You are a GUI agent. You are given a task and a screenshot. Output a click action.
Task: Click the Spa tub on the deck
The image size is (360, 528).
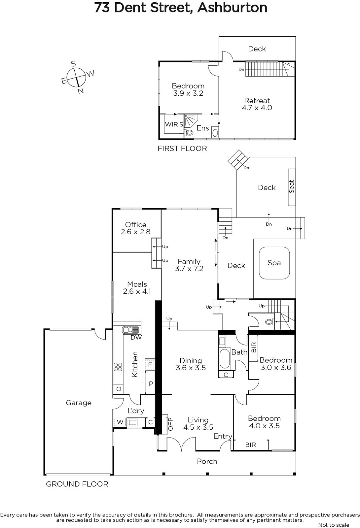point(274,263)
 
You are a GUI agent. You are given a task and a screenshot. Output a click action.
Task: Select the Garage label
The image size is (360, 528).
point(79,403)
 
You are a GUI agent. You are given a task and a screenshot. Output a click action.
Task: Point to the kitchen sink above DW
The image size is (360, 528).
point(130,330)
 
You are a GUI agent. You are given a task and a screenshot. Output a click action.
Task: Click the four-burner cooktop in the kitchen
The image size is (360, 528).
point(118,367)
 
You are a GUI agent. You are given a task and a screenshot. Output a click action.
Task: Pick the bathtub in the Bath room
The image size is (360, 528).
point(225,358)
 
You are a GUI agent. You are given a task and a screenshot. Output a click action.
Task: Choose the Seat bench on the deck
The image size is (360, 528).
point(292,187)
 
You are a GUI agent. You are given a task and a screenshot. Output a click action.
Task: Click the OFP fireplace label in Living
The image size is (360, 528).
point(170,424)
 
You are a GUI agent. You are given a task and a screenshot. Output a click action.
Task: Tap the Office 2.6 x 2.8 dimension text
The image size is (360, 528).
point(135,232)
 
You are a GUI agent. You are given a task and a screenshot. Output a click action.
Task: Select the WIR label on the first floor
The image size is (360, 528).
point(171,124)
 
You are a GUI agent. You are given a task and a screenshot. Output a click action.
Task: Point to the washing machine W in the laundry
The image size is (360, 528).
point(120,422)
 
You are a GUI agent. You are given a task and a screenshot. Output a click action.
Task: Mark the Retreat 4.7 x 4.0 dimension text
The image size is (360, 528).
point(257,108)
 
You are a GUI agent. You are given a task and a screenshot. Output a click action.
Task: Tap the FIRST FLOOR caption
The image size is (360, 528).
point(182,148)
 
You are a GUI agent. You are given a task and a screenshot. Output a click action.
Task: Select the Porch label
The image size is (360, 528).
point(207,461)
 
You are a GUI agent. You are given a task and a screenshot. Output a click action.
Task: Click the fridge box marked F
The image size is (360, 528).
point(150,365)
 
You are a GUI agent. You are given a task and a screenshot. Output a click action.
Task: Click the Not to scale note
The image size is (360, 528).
point(334,525)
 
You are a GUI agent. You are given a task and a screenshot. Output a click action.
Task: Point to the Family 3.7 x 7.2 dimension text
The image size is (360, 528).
point(189,269)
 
